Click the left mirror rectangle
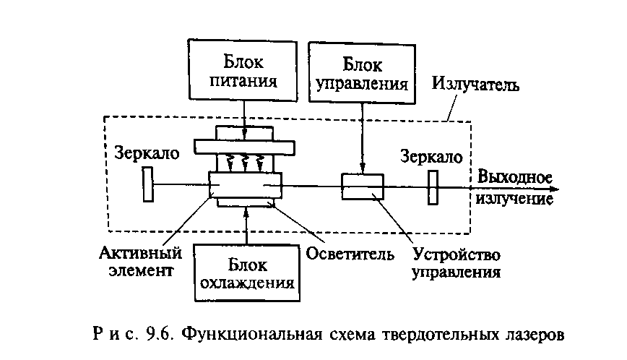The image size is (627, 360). tap(148, 184)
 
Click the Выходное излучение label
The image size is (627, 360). tap(513, 187)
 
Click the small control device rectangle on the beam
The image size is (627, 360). tap(363, 186)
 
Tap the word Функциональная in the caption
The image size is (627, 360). tap(247, 335)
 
